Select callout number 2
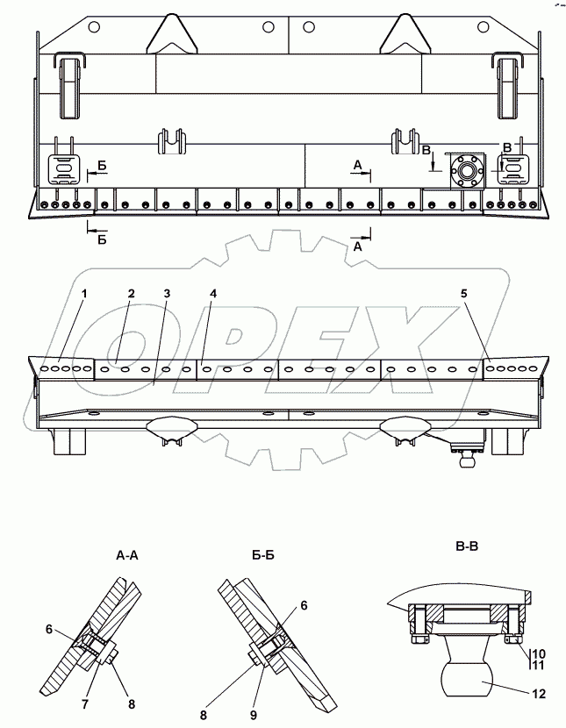[x=130, y=293]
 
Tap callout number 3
[x=166, y=292]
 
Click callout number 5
[x=464, y=294]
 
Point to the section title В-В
[x=466, y=546]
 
